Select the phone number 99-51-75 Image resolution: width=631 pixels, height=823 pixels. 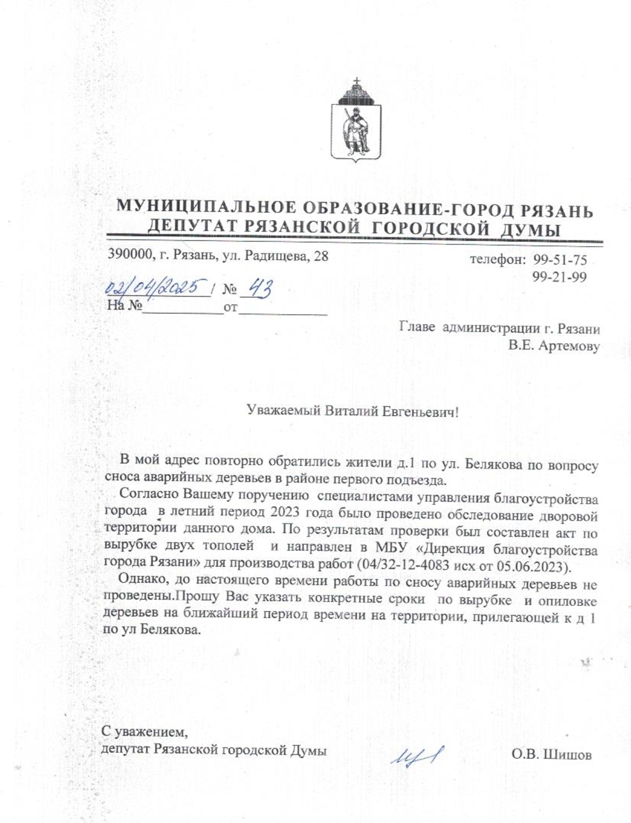(560, 260)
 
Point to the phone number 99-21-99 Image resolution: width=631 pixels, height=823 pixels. (560, 277)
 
